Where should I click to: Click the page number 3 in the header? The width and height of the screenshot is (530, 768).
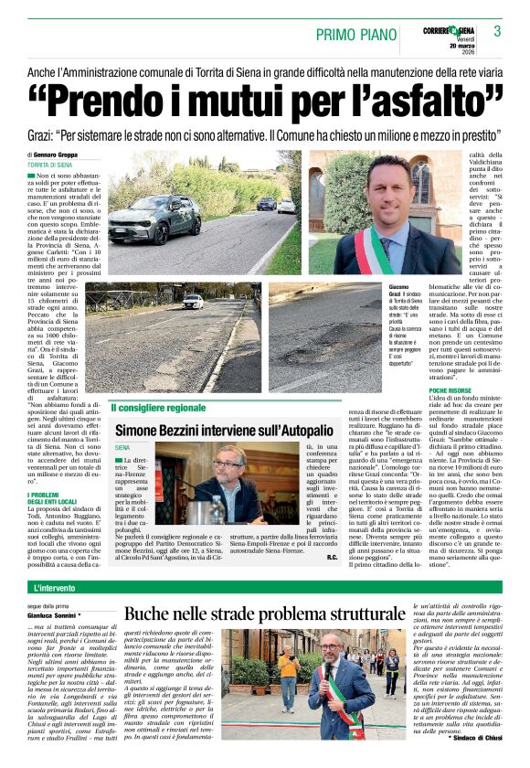(498, 31)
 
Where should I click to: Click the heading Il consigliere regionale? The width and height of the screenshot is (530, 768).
(159, 408)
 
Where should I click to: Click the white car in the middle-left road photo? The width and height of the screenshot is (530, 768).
(192, 301)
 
